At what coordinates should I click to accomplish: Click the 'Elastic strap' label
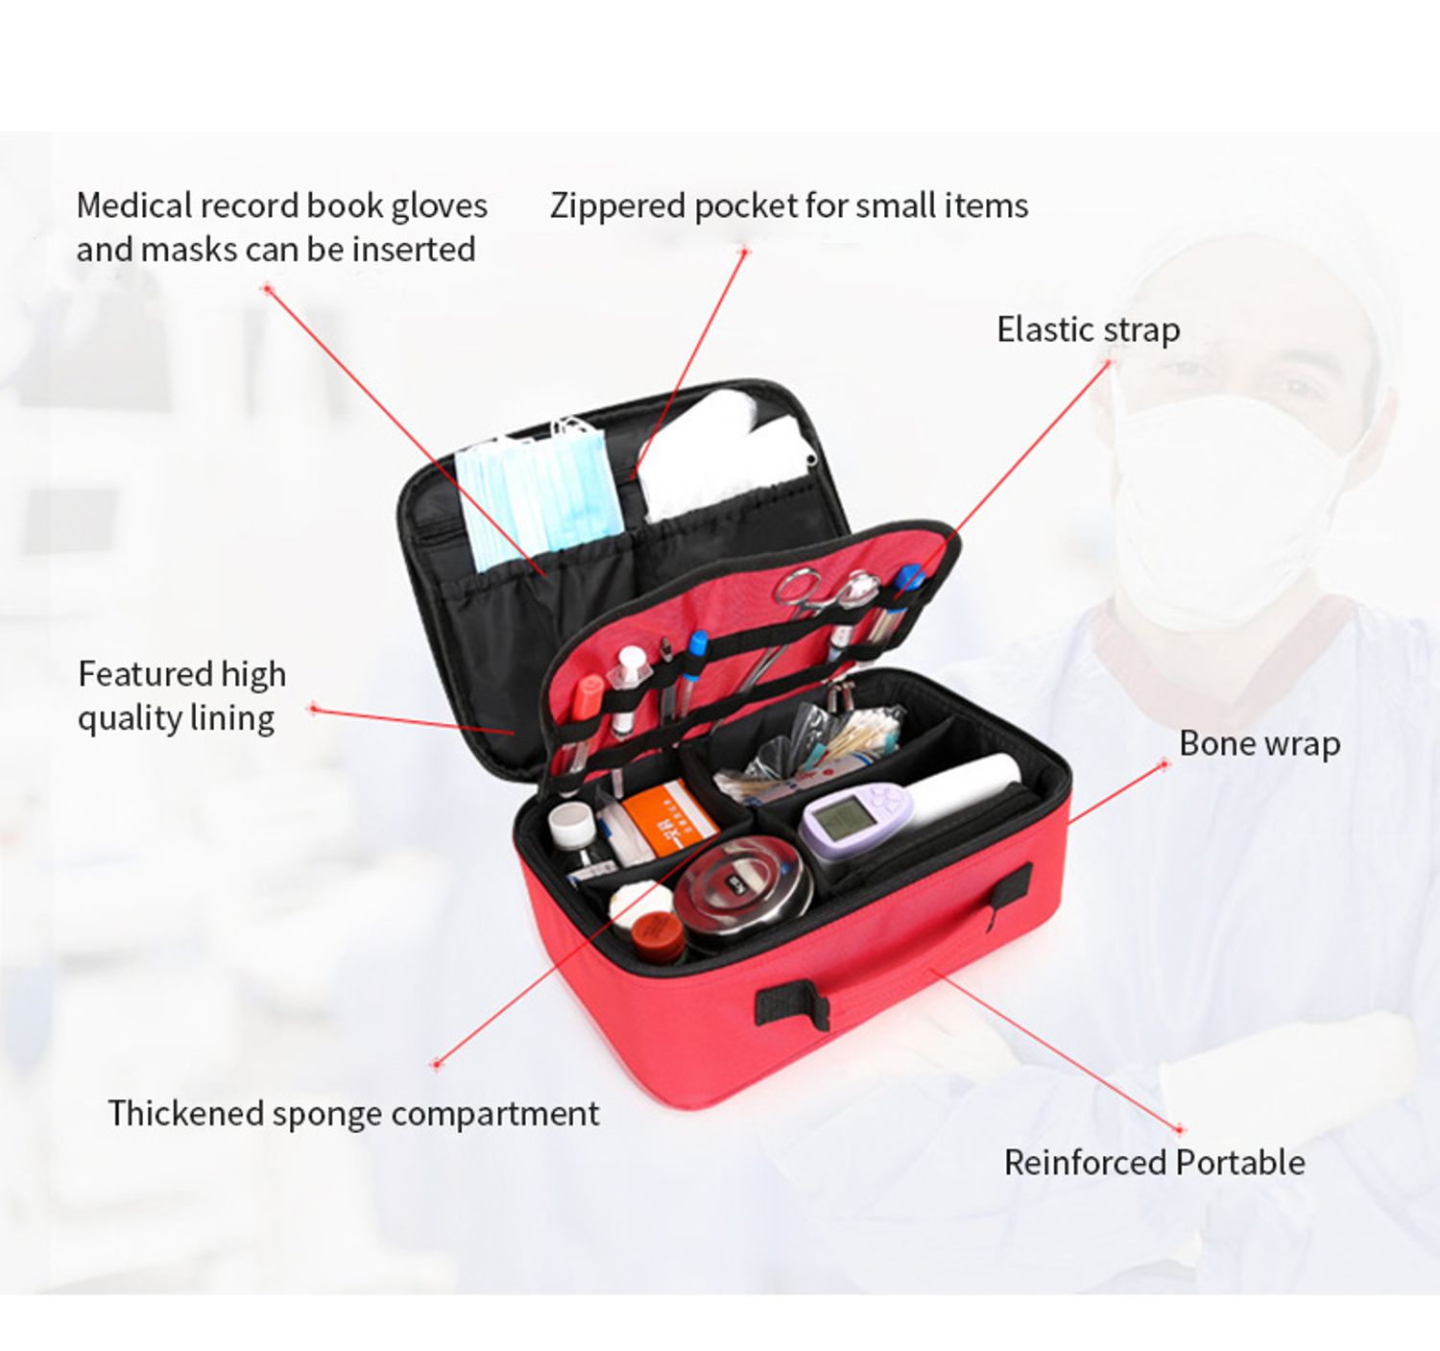(x=1088, y=330)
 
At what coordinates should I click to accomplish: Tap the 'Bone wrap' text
(x=1260, y=744)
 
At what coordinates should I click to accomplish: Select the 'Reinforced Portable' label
(x=1154, y=1163)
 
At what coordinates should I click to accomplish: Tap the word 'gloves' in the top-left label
(x=439, y=206)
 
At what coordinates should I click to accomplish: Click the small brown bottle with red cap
(x=658, y=936)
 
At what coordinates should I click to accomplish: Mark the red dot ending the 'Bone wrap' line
(x=1164, y=764)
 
